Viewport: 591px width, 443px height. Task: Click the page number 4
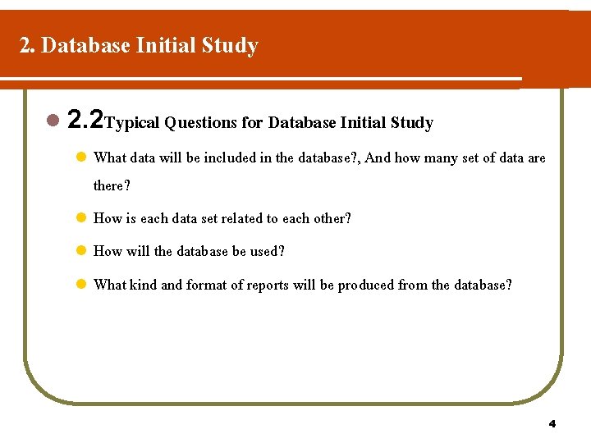coord(552,424)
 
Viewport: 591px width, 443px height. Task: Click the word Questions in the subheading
coord(201,123)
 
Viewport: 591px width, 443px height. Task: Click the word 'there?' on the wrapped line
coord(112,185)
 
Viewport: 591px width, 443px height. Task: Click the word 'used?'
coord(267,251)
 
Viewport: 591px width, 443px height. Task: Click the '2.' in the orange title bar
coord(27,45)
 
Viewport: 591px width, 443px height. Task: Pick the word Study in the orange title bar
coord(234,45)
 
